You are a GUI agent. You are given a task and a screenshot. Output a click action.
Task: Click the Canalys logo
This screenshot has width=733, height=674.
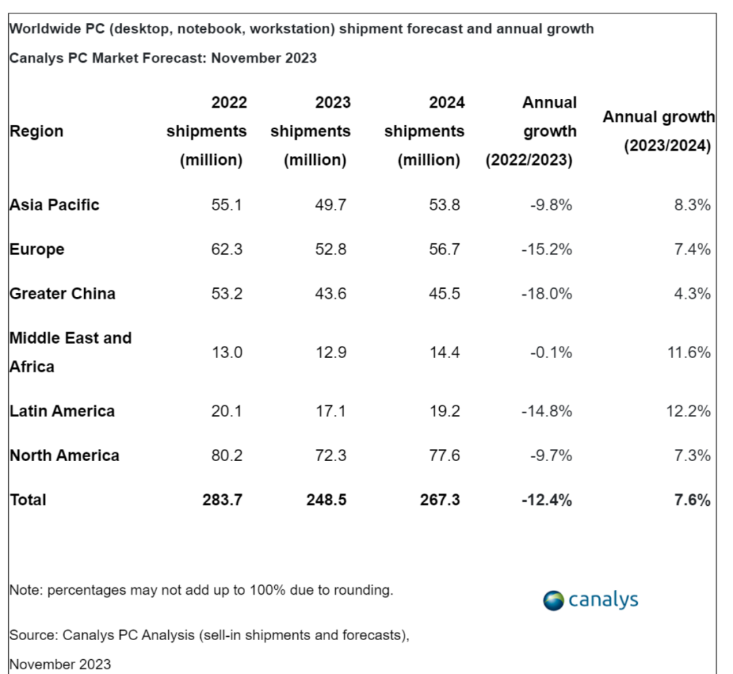click(590, 600)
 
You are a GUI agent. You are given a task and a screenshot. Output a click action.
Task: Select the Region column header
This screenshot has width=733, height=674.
click(37, 132)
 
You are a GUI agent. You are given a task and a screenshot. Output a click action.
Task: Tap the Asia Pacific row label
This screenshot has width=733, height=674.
click(54, 205)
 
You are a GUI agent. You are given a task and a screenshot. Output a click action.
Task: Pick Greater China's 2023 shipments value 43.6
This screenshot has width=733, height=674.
click(331, 294)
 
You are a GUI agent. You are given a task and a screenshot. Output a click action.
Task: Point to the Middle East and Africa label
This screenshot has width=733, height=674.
click(70, 352)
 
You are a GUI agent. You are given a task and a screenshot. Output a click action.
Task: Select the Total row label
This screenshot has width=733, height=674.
click(28, 500)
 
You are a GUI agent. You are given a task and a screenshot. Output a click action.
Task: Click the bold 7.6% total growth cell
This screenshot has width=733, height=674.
click(692, 500)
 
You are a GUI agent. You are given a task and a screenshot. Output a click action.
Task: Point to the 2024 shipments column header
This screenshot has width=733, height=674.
click(424, 132)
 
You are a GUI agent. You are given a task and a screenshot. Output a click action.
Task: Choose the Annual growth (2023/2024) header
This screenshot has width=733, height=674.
click(658, 132)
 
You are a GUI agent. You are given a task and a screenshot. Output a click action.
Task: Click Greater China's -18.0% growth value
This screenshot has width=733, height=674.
click(546, 294)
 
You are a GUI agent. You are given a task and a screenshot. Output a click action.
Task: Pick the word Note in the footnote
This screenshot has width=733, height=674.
click(23, 590)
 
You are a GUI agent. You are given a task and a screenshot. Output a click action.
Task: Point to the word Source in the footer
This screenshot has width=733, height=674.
click(31, 635)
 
